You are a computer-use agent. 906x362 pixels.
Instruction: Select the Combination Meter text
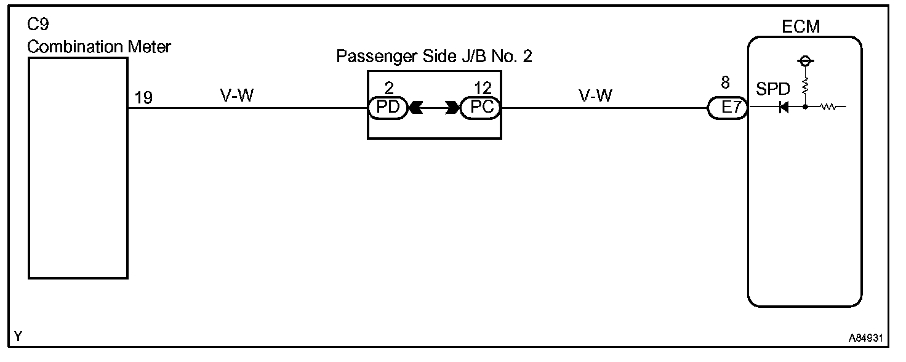pyautogui.click(x=99, y=47)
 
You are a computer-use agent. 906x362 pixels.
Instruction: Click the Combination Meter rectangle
pyautogui.click(x=78, y=168)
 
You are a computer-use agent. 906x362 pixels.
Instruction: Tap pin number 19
pyautogui.click(x=143, y=98)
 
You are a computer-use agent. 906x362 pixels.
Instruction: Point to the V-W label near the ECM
pyautogui.click(x=595, y=95)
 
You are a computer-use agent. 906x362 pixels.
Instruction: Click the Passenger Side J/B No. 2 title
pyautogui.click(x=434, y=57)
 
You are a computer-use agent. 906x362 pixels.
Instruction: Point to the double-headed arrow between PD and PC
pyautogui.click(x=434, y=108)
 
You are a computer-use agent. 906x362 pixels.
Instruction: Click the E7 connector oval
pyautogui.click(x=728, y=108)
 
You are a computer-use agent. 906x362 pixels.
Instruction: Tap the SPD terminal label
pyautogui.click(x=772, y=90)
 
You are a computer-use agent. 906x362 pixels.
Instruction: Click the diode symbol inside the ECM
pyautogui.click(x=784, y=108)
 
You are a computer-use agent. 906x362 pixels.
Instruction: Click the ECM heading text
pyautogui.click(x=801, y=26)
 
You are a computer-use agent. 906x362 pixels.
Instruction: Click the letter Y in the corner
pyautogui.click(x=18, y=336)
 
